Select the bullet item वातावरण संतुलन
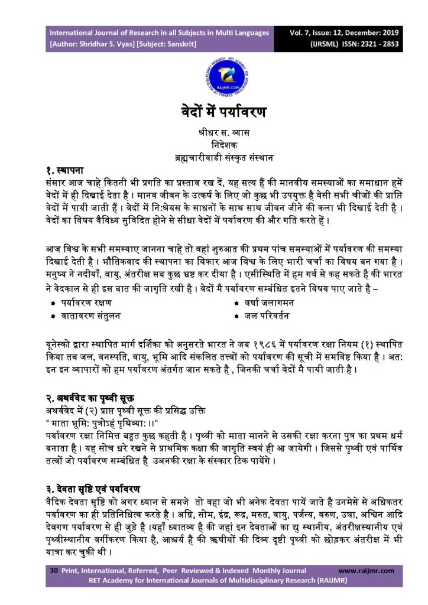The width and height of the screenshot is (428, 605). [x=93, y=315]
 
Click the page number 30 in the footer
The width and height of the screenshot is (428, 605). [x=53, y=571]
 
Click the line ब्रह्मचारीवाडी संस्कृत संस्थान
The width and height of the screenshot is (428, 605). [x=214, y=159]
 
